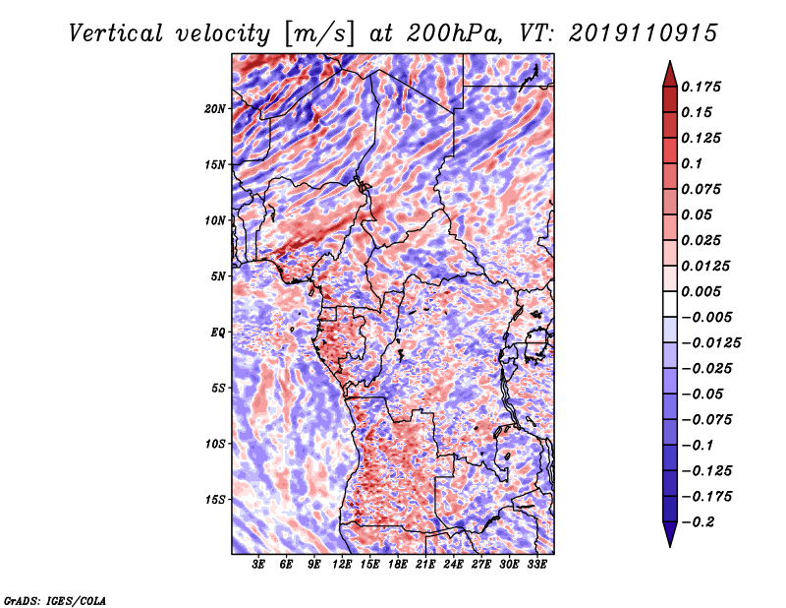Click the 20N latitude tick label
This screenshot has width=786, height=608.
pos(215,108)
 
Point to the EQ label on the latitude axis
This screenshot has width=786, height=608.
pos(217,333)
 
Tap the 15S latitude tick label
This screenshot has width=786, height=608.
pos(215,500)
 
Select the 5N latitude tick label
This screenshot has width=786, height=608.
pos(217,276)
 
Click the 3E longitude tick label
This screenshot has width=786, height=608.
pos(259,565)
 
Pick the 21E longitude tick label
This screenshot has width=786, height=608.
pos(425,565)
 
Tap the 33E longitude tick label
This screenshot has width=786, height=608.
pos(536,565)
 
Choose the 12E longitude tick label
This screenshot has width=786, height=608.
pos(343,565)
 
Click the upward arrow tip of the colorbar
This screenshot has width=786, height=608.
pos(669,65)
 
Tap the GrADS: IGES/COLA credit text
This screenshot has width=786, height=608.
pos(55,599)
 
